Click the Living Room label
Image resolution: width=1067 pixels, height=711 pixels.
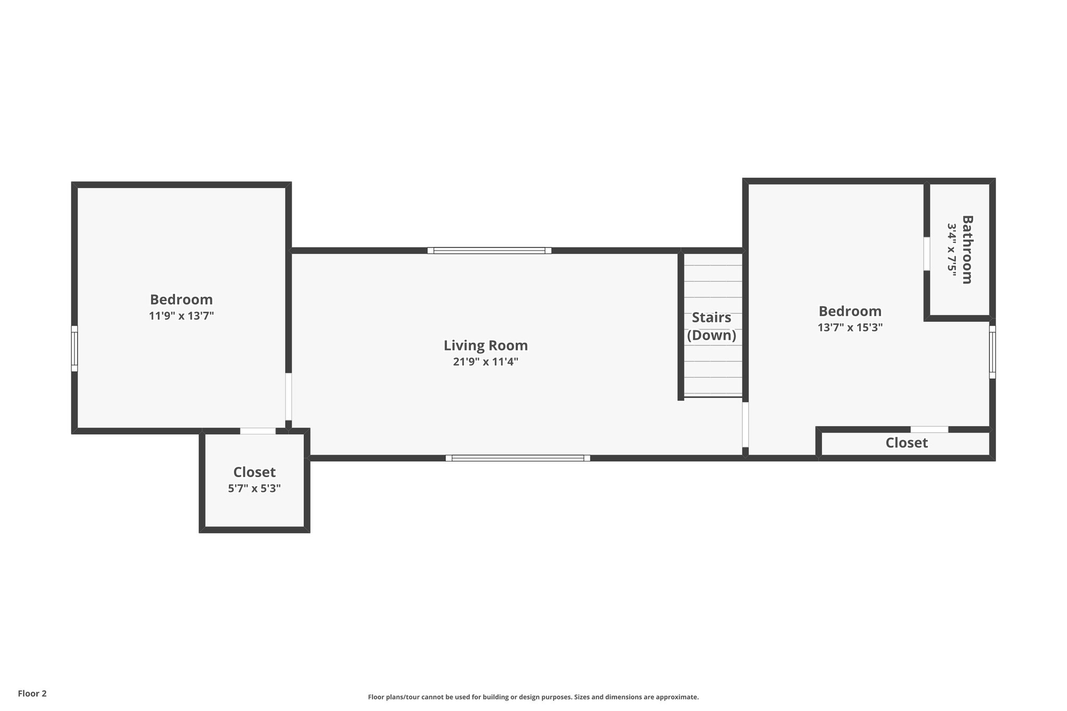[486, 345]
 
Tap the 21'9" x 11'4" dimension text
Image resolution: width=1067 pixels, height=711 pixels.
[486, 361]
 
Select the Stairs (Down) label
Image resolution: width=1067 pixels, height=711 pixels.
[712, 327]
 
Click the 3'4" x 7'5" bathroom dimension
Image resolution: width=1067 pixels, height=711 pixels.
[952, 250]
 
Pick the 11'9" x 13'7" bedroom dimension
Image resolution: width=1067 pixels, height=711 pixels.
[181, 316]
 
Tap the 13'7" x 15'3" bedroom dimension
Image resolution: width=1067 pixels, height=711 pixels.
[850, 328]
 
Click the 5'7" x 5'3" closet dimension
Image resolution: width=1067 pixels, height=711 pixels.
[254, 489]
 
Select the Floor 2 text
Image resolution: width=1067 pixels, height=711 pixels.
[32, 693]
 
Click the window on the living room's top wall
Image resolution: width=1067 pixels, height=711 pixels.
[489, 251]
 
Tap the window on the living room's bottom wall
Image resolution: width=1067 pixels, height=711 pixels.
[518, 458]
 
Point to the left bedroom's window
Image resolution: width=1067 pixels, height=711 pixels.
[75, 348]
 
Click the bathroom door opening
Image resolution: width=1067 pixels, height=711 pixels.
[927, 254]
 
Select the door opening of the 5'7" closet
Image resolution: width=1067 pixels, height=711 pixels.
[257, 431]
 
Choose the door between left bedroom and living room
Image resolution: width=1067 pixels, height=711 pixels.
[288, 396]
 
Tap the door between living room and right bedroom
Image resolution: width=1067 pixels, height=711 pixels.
[746, 425]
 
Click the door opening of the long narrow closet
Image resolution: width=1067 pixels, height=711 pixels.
[929, 429]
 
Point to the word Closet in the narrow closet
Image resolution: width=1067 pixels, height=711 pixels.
[907, 443]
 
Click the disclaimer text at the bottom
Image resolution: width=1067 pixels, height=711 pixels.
[533, 697]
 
